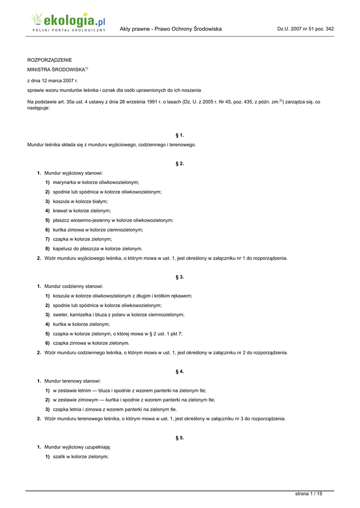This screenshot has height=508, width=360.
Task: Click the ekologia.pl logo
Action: [x=68, y=23]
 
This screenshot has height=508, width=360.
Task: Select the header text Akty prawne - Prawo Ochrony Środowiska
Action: [x=170, y=29]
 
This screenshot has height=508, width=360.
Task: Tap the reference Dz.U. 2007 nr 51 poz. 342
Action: [x=305, y=29]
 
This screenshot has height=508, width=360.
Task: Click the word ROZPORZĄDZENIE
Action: [x=49, y=60]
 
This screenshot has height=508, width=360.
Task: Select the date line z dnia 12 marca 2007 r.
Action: [x=53, y=80]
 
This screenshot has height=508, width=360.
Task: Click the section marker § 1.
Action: [x=180, y=135]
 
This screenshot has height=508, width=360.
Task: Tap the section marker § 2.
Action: [x=180, y=163]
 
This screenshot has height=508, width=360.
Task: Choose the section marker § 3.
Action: [x=180, y=277]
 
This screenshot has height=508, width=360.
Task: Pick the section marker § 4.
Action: [x=180, y=371]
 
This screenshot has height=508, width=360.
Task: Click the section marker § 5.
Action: [x=180, y=438]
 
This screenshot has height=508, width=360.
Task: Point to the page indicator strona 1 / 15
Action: [x=308, y=494]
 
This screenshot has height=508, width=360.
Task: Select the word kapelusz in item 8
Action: [x=64, y=249]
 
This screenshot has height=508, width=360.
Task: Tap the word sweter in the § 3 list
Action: [x=61, y=315]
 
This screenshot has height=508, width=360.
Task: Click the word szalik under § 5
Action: [x=60, y=456]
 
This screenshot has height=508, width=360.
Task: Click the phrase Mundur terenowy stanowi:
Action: [x=72, y=381]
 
